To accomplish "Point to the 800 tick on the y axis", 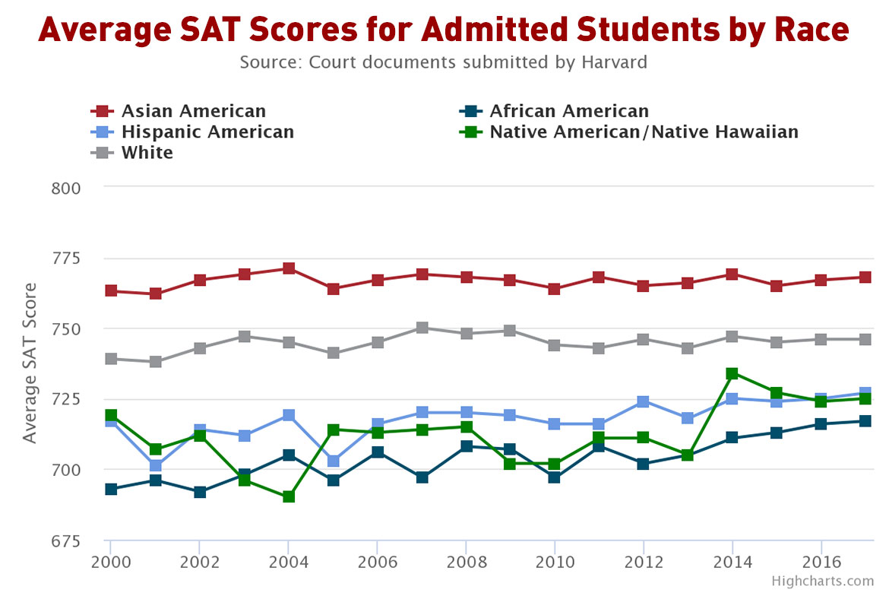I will point(65,188).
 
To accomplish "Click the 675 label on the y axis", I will point(65,541).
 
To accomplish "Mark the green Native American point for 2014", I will point(732,373).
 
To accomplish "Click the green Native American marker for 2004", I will point(289,496).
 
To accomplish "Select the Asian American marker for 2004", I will point(289,268).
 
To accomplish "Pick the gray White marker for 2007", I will point(422,328).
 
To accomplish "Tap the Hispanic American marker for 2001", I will point(156,465).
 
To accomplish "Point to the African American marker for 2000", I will point(111,489).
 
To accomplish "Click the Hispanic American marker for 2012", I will point(644,401).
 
